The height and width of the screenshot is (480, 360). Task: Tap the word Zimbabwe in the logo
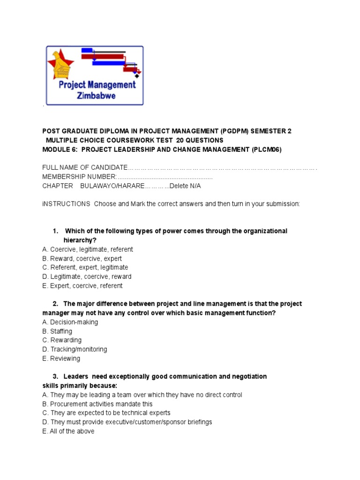[96, 96]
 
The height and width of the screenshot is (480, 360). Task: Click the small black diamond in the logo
[136, 75]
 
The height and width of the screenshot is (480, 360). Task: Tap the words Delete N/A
[186, 186]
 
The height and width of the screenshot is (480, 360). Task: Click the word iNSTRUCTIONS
[66, 204]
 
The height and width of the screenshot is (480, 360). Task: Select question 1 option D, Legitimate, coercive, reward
[87, 277]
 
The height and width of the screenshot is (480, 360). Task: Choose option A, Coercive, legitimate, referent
[87, 249]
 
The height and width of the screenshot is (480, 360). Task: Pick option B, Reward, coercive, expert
[82, 258]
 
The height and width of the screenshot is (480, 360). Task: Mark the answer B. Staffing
[57, 331]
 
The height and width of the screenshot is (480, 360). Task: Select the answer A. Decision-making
[70, 322]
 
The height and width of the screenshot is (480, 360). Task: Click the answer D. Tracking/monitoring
[75, 349]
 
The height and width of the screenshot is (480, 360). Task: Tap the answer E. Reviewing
[61, 359]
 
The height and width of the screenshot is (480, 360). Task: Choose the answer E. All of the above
[68, 431]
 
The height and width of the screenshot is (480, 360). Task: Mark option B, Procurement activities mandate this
[97, 404]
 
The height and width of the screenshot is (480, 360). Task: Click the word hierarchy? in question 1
[80, 240]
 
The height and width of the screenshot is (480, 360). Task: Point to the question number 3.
[55, 376]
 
